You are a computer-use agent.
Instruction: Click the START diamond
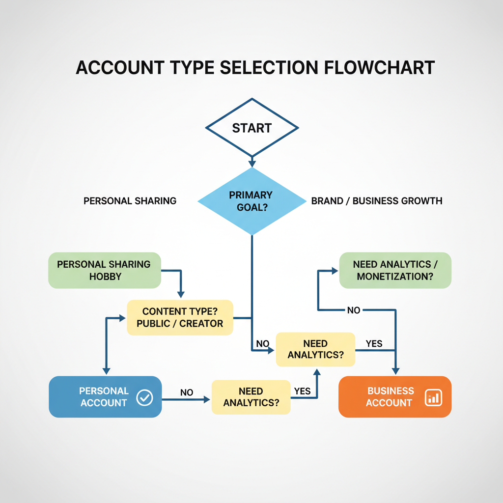click(251, 128)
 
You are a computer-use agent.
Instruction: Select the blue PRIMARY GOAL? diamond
click(251, 201)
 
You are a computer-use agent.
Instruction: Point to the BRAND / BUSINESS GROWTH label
click(377, 201)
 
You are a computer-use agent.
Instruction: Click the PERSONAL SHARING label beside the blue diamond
click(130, 201)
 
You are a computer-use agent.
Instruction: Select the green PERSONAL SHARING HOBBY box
click(104, 270)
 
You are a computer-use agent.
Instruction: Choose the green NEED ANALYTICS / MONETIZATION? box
click(395, 270)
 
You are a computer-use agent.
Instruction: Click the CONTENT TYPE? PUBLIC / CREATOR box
click(180, 317)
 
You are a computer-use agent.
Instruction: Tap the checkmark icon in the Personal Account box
click(144, 397)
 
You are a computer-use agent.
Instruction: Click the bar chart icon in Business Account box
click(433, 397)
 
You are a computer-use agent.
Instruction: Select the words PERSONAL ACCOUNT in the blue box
click(104, 397)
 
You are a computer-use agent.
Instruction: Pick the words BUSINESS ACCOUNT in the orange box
click(390, 397)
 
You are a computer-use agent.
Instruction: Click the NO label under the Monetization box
click(354, 310)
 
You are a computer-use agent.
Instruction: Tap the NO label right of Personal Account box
click(187, 392)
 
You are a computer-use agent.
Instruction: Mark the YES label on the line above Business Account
click(374, 344)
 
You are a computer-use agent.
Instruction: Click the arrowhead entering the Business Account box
click(395, 372)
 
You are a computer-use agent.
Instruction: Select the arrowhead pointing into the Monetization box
click(335, 271)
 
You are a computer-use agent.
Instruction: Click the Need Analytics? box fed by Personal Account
click(251, 397)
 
